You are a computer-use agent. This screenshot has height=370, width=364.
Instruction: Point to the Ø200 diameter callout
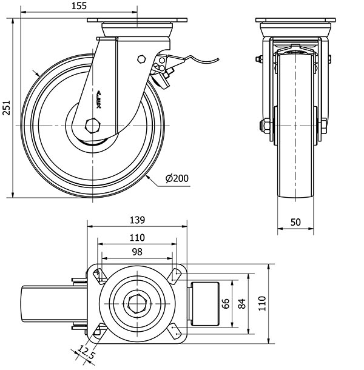(177, 178)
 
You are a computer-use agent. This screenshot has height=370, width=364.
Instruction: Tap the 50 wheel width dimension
(296, 222)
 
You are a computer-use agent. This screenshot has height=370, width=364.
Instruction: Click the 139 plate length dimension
(138, 219)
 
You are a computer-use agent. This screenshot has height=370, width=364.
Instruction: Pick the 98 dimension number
(137, 252)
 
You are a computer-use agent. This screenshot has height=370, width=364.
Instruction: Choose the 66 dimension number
(226, 303)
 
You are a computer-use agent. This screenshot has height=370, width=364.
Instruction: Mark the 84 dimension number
(242, 303)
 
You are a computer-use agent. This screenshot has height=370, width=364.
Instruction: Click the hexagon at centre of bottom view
(138, 303)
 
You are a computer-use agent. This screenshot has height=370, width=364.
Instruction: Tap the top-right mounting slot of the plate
(177, 275)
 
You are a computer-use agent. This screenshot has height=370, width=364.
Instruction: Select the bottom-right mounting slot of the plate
(175, 331)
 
